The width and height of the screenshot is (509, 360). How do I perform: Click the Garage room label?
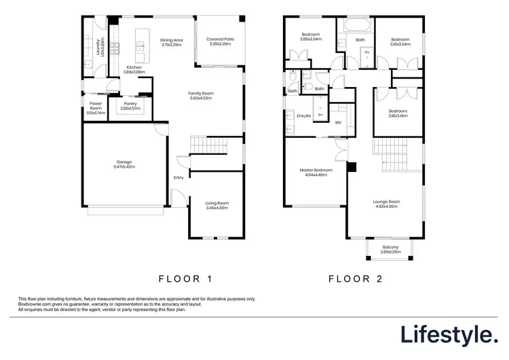pos(124,164)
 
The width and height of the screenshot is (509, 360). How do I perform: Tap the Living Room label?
pos(217,204)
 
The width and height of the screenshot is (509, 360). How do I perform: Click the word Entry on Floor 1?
pos(178,178)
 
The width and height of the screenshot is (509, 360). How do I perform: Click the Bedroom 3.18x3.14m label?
pos(398,113)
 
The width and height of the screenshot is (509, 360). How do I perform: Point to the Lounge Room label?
pos(385,203)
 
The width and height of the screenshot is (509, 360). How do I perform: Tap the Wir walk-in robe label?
pos(337,122)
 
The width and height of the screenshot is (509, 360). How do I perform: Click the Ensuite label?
pos(304,116)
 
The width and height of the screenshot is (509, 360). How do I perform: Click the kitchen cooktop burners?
pos(115,48)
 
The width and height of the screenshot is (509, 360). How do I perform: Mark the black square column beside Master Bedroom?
pos(352,167)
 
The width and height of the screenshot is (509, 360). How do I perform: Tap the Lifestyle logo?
pos(448,334)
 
